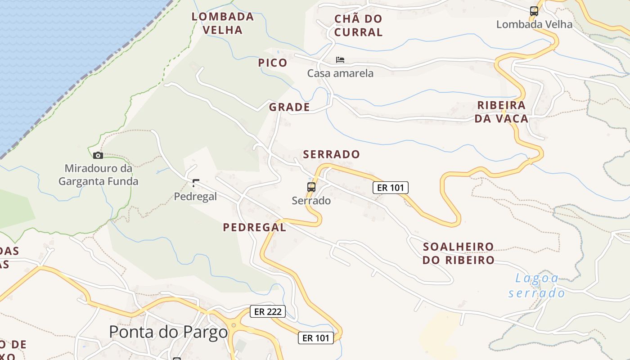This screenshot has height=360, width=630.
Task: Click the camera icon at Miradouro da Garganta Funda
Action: pyautogui.click(x=98, y=156)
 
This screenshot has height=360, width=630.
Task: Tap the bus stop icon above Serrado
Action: pyautogui.click(x=311, y=187)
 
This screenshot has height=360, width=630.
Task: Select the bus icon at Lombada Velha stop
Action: pyautogui.click(x=534, y=11)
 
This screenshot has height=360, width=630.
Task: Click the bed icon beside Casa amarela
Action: pyautogui.click(x=340, y=60)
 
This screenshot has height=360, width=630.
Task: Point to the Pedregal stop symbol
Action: pyautogui.click(x=195, y=183)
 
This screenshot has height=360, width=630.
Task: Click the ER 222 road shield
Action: pyautogui.click(x=268, y=311)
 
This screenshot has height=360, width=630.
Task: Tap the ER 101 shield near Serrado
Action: pyautogui.click(x=390, y=188)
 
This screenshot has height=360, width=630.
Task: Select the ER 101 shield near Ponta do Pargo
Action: pyautogui.click(x=316, y=338)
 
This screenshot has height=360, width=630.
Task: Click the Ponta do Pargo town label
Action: pyautogui.click(x=168, y=332)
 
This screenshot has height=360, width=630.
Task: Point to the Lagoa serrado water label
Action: pyautogui.click(x=536, y=286)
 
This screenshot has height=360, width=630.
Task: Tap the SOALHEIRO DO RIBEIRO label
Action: pyautogui.click(x=458, y=253)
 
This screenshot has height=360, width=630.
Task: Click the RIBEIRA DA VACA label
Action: pyautogui.click(x=501, y=112)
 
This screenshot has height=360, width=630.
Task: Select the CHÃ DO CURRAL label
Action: pyautogui.click(x=358, y=26)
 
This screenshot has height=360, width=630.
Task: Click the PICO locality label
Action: pyautogui.click(x=273, y=63)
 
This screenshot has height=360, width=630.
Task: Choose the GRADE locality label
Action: pyautogui.click(x=289, y=107)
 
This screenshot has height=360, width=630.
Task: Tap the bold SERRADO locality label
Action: pyautogui.click(x=331, y=154)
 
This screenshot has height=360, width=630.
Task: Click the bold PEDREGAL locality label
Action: pyautogui.click(x=254, y=228)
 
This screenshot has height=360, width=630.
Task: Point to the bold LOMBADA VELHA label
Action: pyautogui.click(x=223, y=23)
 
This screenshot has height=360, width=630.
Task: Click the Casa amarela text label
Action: pyautogui.click(x=340, y=73)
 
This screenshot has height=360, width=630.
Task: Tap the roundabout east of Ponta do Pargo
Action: pyautogui.click(x=233, y=325)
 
